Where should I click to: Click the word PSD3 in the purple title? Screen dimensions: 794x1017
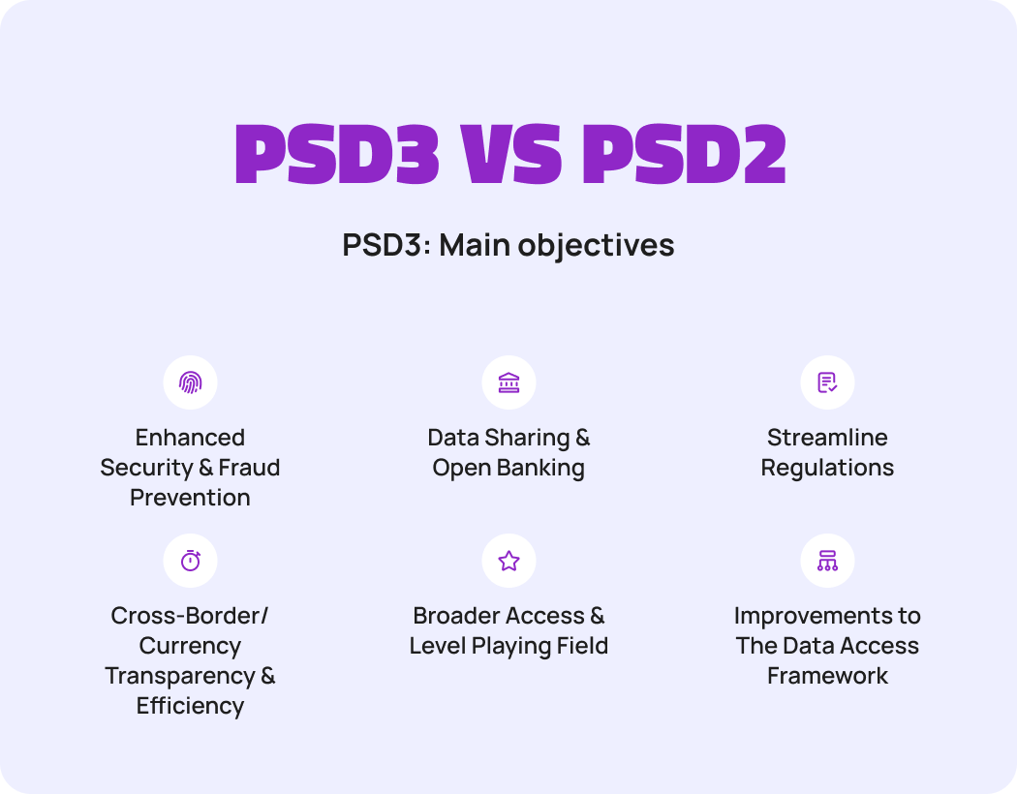click(336, 155)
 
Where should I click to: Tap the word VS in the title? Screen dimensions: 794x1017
click(508, 155)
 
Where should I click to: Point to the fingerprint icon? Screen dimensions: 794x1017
click(190, 382)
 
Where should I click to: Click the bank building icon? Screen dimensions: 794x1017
click(508, 382)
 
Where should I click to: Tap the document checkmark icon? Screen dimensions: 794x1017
click(827, 382)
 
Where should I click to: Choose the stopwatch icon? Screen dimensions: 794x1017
click(190, 561)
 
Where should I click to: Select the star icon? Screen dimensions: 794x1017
click(508, 561)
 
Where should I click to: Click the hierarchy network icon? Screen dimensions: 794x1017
click(827, 561)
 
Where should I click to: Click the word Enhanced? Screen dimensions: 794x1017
click(190, 438)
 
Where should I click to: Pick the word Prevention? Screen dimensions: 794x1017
click(190, 498)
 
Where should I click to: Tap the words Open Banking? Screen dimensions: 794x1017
click(508, 469)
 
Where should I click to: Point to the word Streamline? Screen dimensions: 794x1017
click(827, 438)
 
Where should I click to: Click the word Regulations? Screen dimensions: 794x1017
click(827, 469)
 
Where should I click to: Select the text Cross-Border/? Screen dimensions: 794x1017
click(190, 616)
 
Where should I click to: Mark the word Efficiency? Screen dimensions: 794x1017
click(190, 706)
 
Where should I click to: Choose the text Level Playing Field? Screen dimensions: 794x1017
click(508, 646)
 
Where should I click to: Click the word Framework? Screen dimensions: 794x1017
click(827, 676)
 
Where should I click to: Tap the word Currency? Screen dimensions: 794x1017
click(190, 646)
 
